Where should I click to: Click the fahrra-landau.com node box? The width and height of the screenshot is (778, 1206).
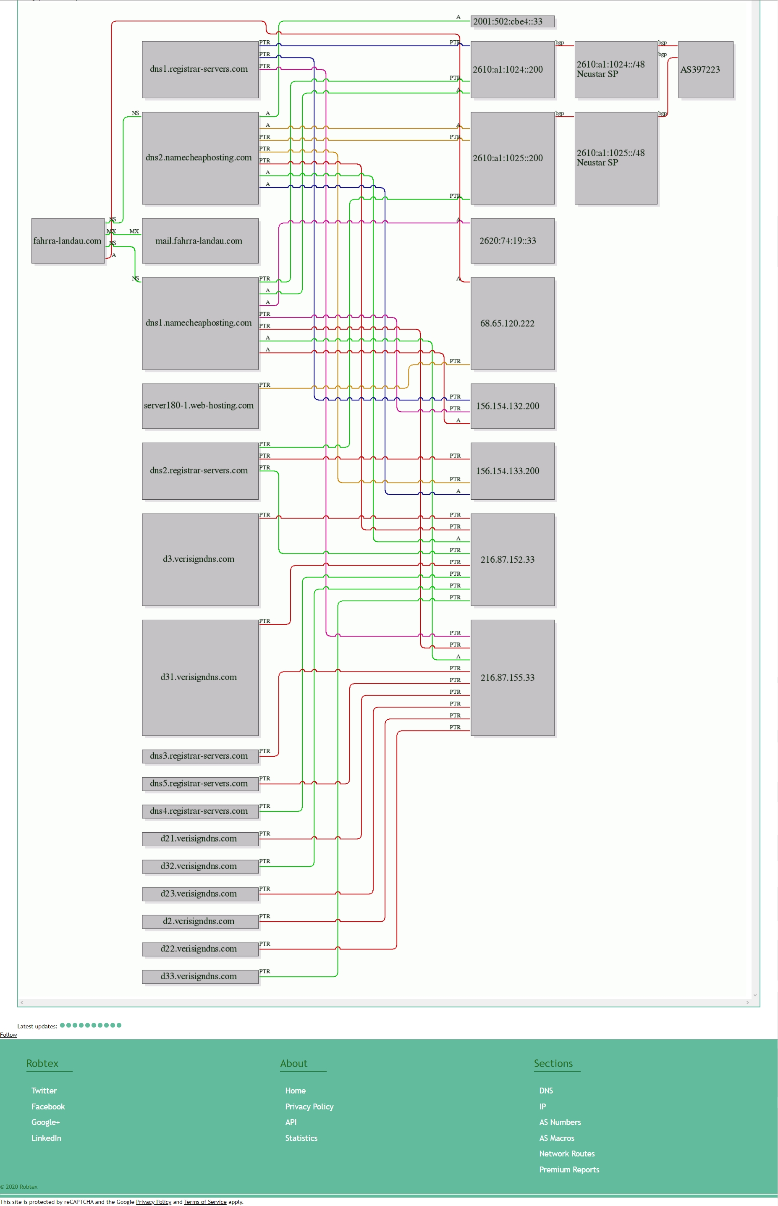coord(68,241)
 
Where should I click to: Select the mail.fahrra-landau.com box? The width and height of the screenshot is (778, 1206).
coord(200,241)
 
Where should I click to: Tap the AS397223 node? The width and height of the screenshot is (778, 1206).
coord(705,69)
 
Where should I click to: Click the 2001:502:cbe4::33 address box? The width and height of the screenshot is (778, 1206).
coord(512,21)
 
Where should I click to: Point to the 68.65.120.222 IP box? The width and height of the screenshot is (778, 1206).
coord(512,323)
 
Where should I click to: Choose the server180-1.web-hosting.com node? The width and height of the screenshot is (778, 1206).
coord(200,406)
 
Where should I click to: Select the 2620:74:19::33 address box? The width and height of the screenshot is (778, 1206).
coord(512,241)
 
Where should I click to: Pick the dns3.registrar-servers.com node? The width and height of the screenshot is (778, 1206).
coord(200,756)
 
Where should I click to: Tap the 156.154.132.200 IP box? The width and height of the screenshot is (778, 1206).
coord(512,406)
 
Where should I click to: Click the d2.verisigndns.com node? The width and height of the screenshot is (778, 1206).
coord(200,921)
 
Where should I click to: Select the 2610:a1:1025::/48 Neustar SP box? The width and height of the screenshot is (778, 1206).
coord(616,157)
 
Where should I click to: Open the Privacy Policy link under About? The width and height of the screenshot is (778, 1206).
coord(309,1106)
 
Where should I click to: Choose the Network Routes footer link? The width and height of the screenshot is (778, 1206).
coord(567,1154)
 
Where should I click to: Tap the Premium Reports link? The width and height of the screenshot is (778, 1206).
coord(569,1169)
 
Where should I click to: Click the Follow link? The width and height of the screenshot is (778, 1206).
coord(8,1035)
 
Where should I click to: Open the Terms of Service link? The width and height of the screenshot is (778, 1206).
coord(205,1202)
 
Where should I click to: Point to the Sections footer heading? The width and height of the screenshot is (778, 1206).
coord(553,1064)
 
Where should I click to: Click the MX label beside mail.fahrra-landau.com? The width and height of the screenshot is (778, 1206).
coord(134,231)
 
